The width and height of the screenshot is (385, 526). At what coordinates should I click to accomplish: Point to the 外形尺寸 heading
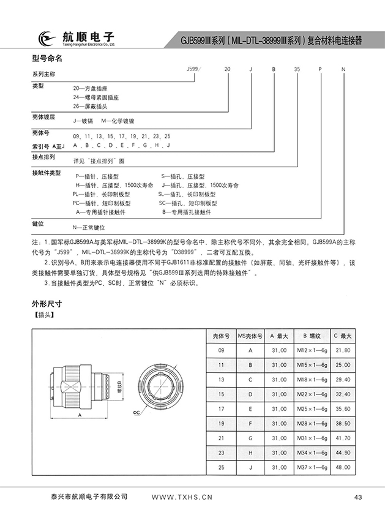click(47, 304)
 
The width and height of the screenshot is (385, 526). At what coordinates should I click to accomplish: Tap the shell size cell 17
click(221, 409)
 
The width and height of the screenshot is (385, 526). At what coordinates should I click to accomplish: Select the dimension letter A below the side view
click(80, 415)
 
